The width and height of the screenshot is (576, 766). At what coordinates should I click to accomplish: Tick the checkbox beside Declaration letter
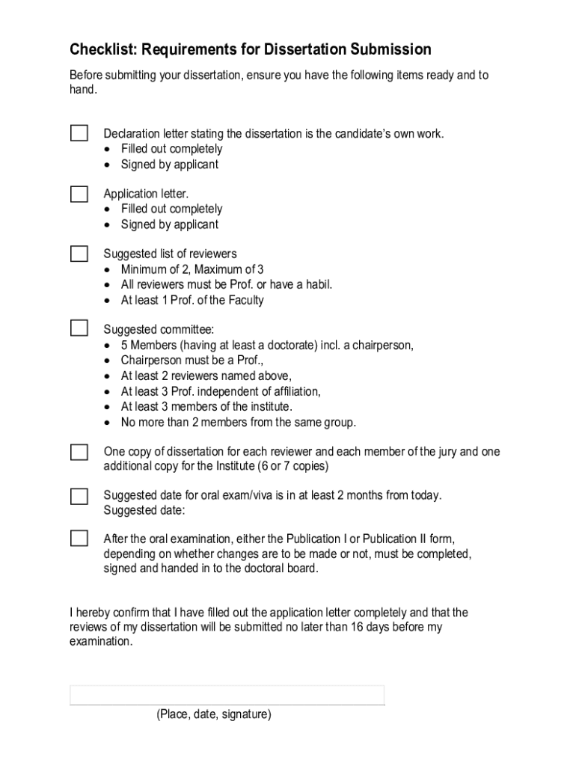[x=79, y=133]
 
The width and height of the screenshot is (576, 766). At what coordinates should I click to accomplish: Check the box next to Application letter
[x=79, y=194]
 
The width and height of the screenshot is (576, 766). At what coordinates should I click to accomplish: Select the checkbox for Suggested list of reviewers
[x=79, y=254]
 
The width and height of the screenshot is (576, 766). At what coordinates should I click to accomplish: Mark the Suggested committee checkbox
[x=79, y=328]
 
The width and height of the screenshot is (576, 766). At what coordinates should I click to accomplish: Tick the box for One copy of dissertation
[x=79, y=452]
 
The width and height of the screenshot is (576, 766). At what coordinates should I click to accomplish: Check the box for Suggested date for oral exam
[x=79, y=496]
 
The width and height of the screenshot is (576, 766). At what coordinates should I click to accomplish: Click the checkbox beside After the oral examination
[x=79, y=539]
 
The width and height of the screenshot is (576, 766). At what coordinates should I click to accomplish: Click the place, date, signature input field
[x=227, y=695]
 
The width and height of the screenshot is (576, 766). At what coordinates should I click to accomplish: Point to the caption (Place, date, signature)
[x=214, y=715]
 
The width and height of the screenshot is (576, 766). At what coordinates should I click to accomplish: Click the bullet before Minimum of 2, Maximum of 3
[x=109, y=270]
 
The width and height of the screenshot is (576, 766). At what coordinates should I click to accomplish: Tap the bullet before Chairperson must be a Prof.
[x=109, y=361]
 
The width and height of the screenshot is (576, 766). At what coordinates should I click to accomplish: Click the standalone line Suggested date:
[x=144, y=511]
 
